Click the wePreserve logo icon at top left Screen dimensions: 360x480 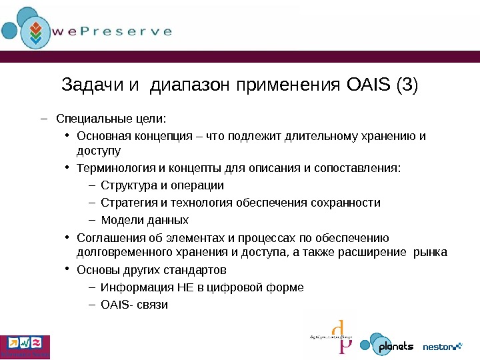point(28,29)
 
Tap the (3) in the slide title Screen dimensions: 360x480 point(407,85)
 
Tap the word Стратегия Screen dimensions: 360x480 point(127,203)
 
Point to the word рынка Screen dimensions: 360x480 point(431,252)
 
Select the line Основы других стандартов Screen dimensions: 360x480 point(151,270)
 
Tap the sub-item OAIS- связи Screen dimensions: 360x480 point(134,305)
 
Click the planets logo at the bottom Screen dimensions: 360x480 point(388,345)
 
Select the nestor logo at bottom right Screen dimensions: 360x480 point(442,346)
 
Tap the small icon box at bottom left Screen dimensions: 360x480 point(25,345)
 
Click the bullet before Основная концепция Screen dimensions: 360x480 point(69,136)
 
